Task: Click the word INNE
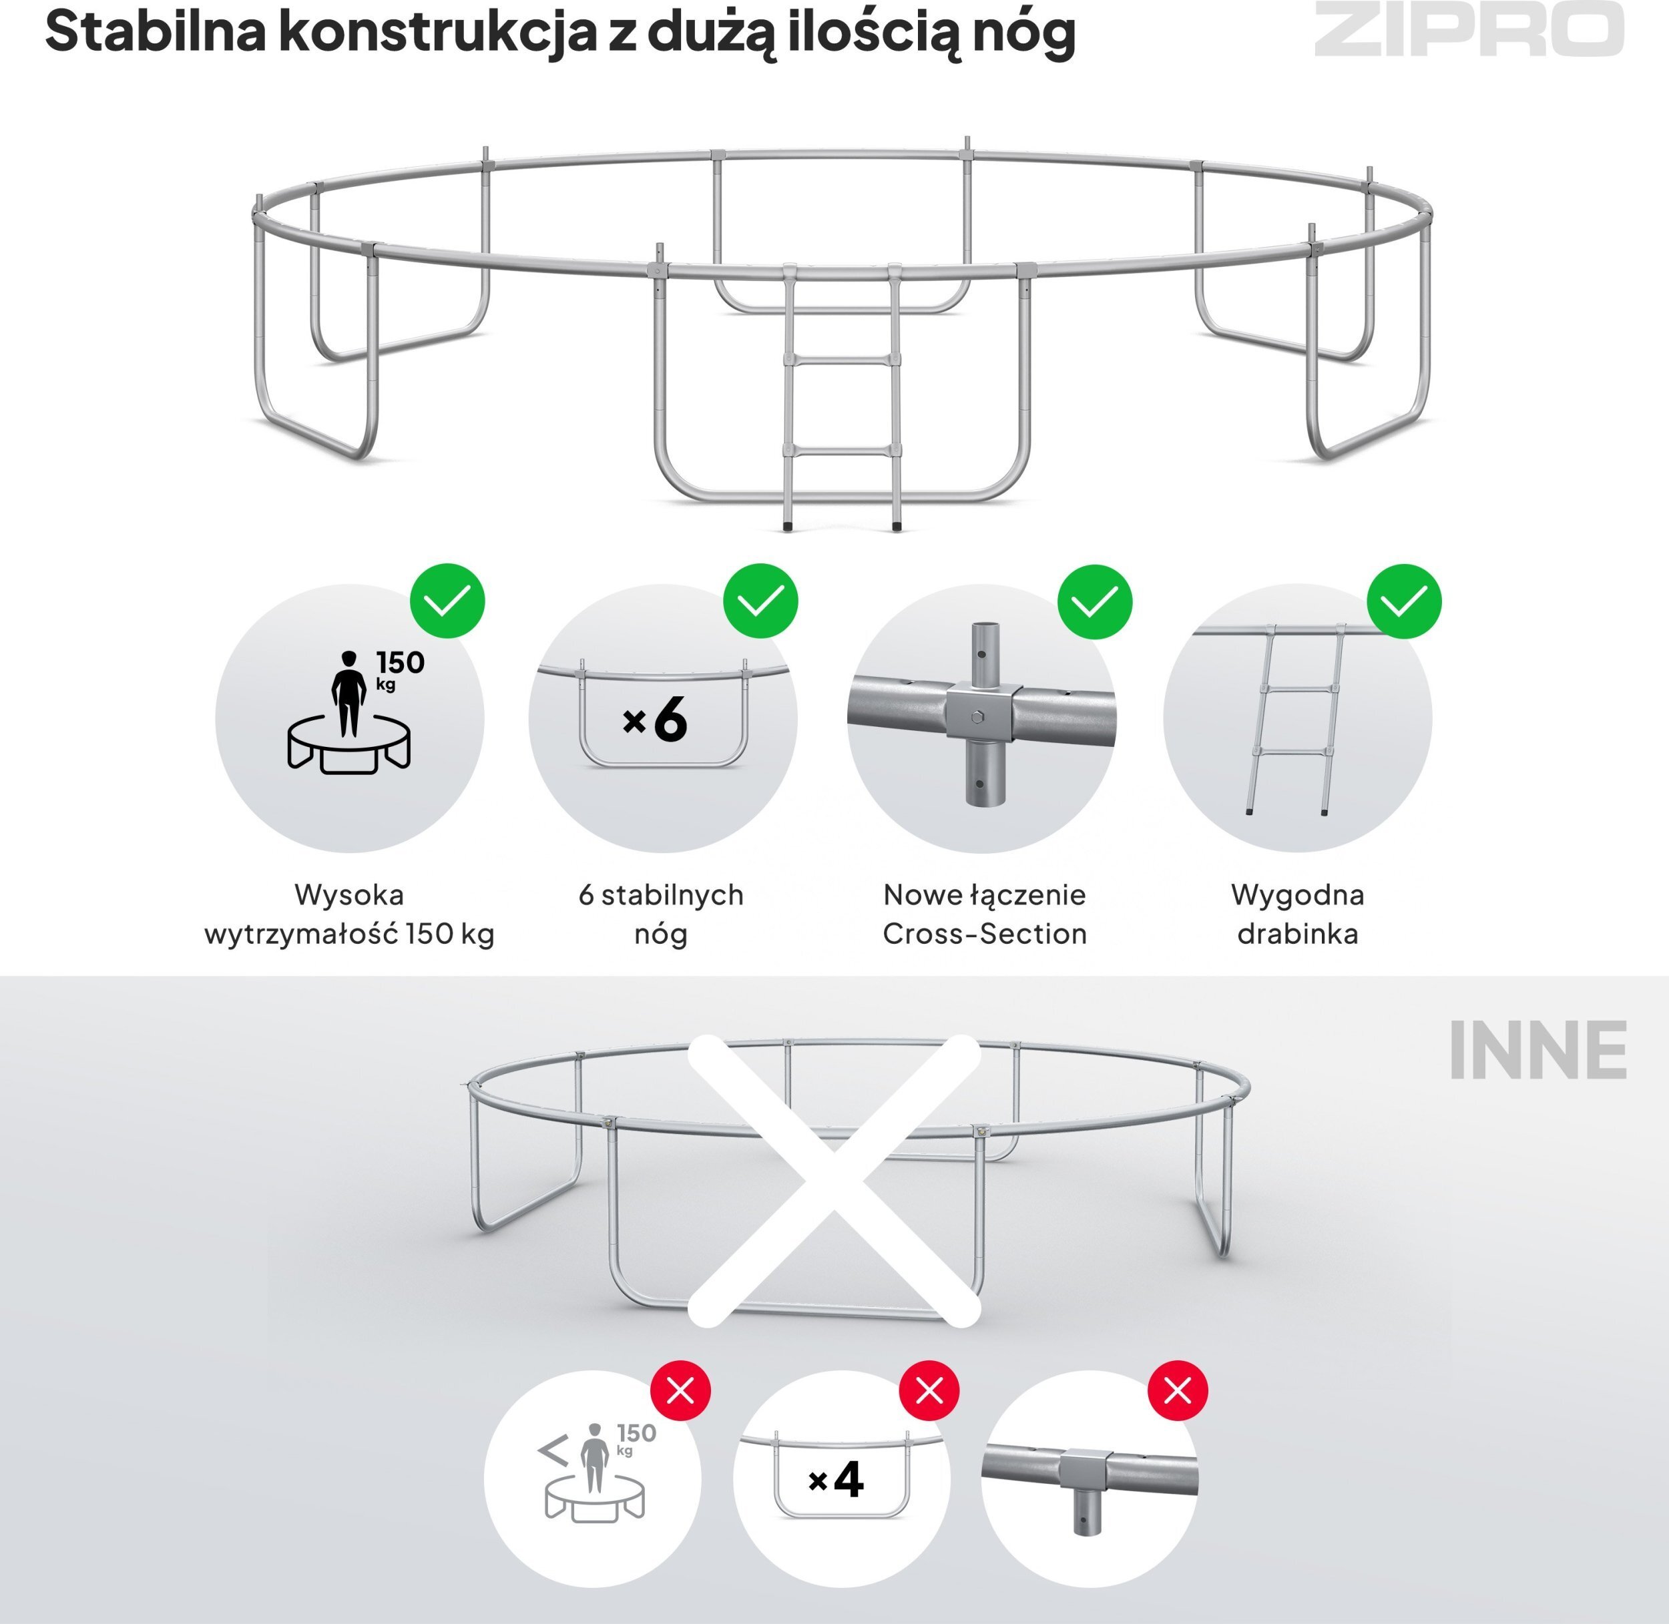[1537, 1050]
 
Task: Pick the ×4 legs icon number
[835, 1479]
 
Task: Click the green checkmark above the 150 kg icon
[447, 601]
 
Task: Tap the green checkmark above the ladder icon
[1405, 601]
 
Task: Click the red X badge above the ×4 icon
[929, 1392]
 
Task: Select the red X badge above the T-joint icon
[1178, 1392]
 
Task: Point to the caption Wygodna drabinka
[1298, 914]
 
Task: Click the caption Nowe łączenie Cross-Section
[985, 914]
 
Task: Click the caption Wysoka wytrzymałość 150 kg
[349, 914]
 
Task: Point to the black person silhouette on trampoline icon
[348, 694]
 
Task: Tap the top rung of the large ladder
[841, 360]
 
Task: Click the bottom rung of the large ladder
[841, 449]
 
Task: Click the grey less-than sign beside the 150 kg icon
[553, 1450]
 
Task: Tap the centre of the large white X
[834, 1181]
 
